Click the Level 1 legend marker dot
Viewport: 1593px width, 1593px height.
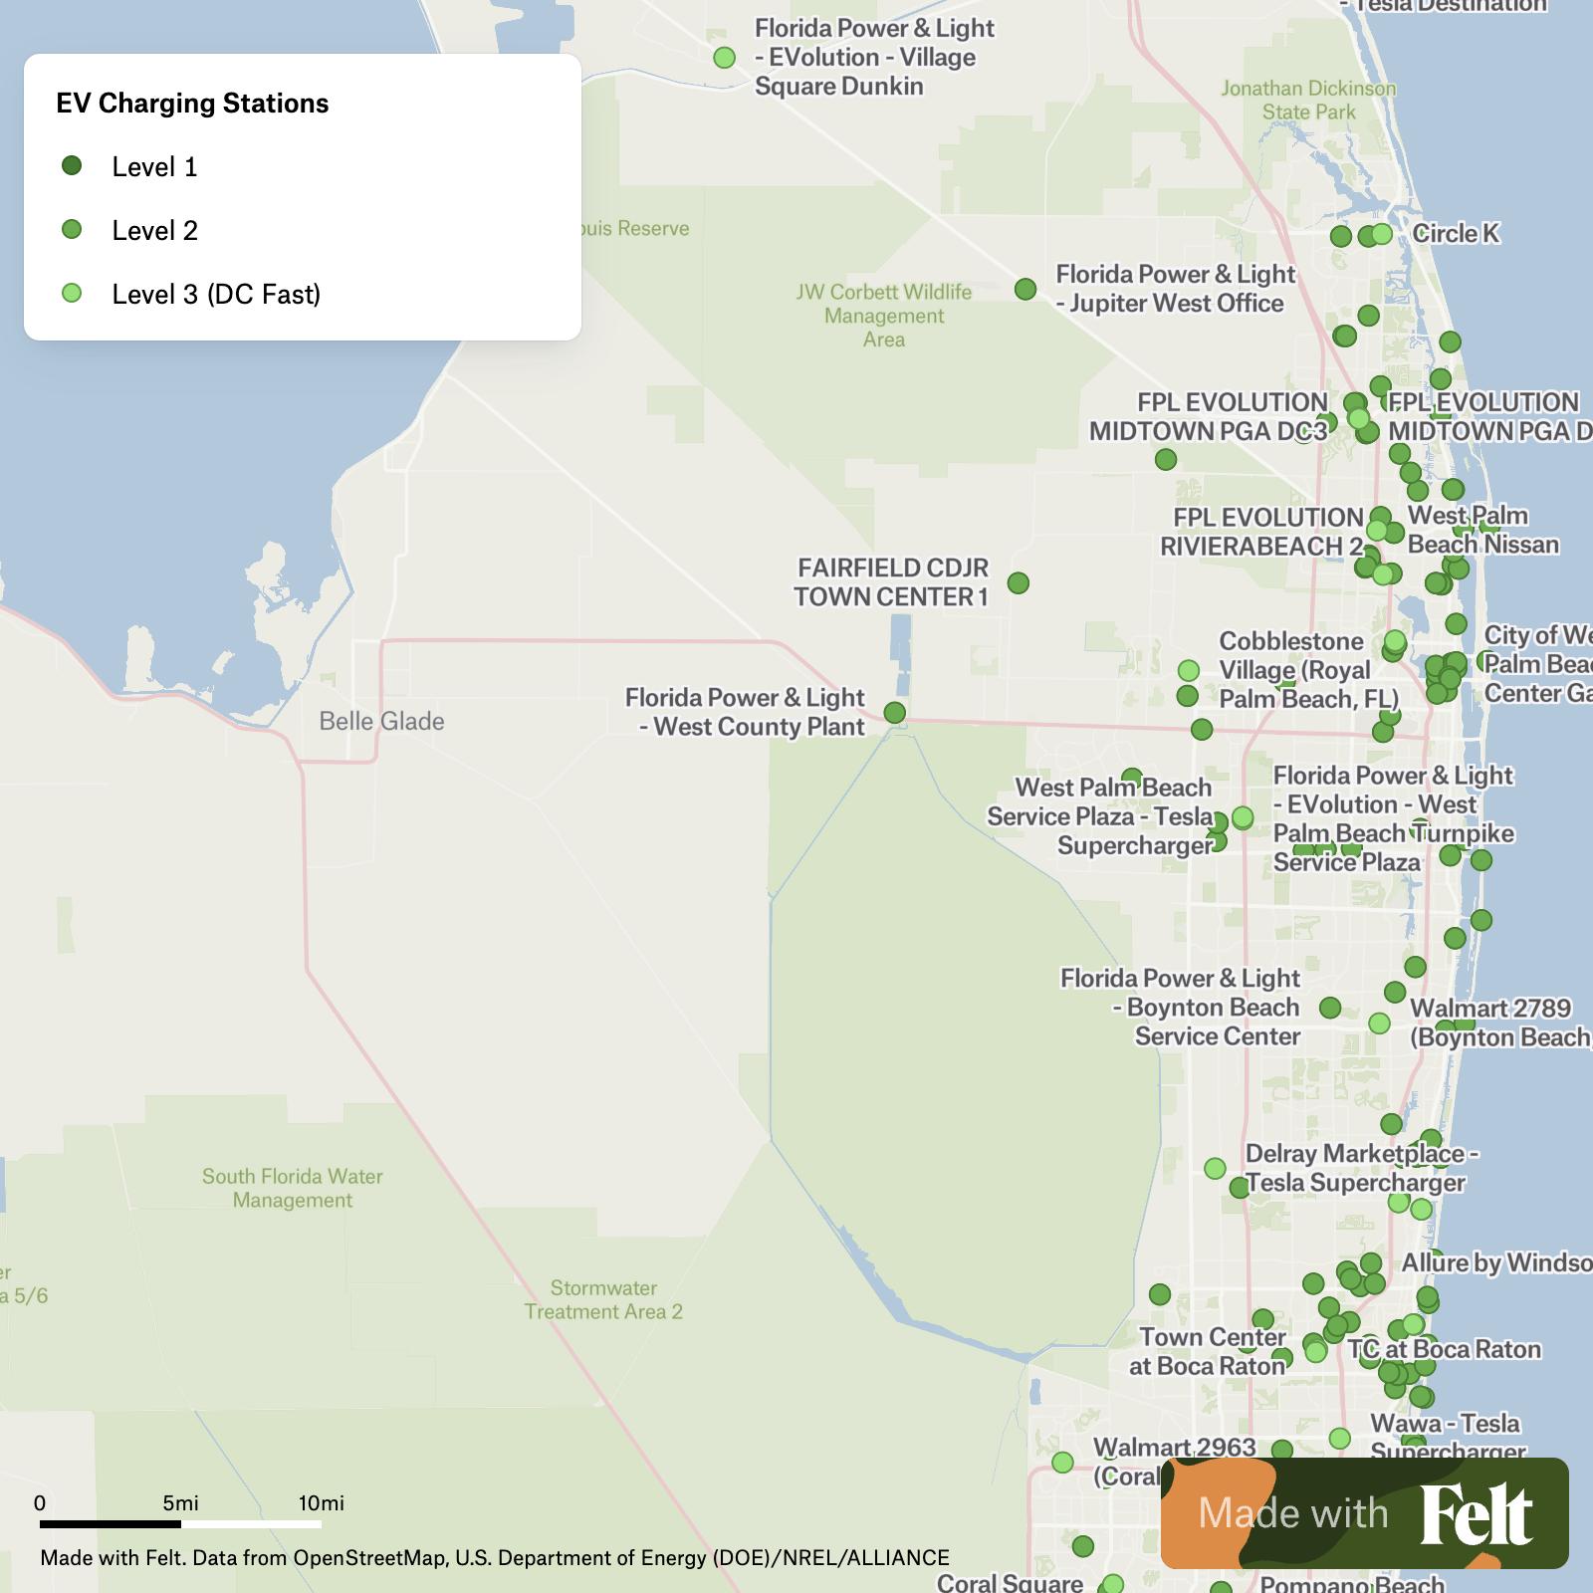coord(72,165)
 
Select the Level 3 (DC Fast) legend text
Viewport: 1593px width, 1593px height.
coord(216,294)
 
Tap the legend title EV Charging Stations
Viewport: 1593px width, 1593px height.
coord(192,104)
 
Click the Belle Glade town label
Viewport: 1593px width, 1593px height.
coord(381,721)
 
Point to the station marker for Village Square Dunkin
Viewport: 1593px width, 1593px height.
coord(725,58)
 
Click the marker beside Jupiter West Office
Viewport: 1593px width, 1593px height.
coord(1025,289)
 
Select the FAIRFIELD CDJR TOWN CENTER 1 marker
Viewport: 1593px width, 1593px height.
coord(1018,582)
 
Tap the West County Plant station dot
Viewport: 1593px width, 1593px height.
coord(895,713)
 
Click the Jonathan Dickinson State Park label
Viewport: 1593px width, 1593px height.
coord(1308,100)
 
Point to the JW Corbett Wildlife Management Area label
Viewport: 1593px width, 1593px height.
coord(884,315)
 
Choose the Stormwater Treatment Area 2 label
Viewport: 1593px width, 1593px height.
coord(603,1299)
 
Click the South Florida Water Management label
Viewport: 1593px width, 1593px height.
coord(293,1188)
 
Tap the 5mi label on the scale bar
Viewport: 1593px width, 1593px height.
coord(180,1503)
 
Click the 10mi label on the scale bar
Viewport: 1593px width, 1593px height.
coord(321,1503)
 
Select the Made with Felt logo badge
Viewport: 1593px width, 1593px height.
coord(1364,1512)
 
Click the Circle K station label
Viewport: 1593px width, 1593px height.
coord(1456,233)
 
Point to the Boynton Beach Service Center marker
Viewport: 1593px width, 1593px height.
coord(1330,1008)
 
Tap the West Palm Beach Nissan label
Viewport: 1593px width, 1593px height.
coord(1481,530)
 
